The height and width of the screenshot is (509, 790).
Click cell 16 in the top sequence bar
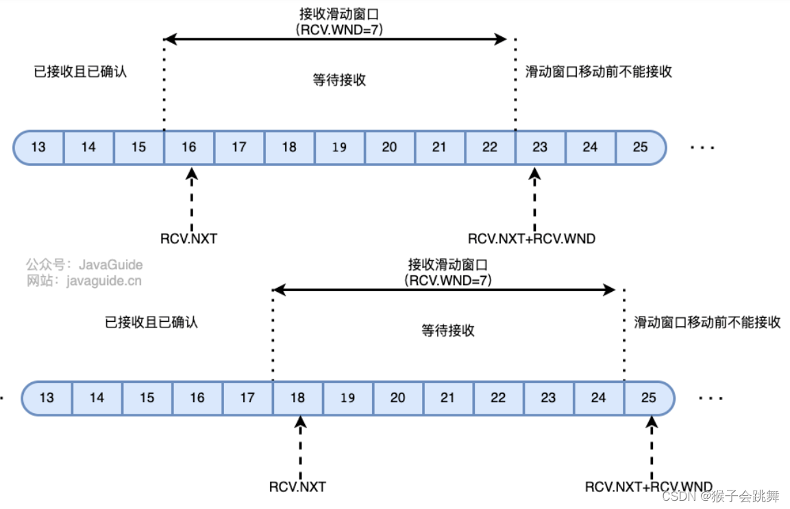189,147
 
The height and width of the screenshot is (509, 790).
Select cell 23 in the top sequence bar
540,147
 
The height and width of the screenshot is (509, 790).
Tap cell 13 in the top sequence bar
39,147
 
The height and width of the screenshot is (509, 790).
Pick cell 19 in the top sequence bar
339,147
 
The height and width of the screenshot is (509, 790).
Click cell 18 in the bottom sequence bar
297,398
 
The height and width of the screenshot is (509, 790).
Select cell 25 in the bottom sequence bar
648,398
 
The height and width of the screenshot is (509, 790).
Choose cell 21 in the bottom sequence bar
447,398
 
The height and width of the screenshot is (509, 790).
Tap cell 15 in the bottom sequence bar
147,398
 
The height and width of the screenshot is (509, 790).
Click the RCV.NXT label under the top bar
188,239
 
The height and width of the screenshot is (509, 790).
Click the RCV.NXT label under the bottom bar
297,488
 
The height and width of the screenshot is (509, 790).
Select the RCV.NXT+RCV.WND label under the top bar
532,239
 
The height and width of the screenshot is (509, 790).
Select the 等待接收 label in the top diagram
339,80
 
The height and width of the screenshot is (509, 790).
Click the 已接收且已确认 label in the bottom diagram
151,322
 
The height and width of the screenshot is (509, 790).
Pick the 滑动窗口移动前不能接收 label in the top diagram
598,71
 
